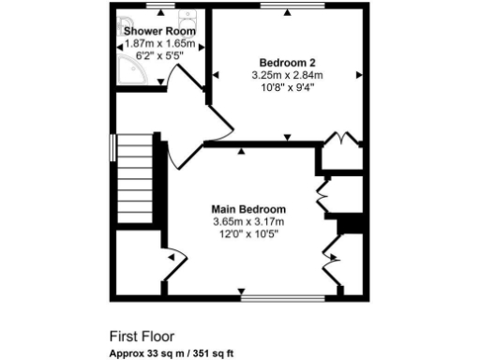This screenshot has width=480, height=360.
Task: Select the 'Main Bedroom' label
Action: pyautogui.click(x=248, y=209)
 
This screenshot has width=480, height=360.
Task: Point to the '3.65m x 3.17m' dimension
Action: pyautogui.click(x=248, y=221)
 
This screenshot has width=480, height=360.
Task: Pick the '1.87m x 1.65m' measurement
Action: pyautogui.click(x=159, y=43)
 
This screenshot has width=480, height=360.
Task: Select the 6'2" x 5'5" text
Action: pyautogui.click(x=159, y=55)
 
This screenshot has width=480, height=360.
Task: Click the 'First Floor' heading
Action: pyautogui.click(x=142, y=335)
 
